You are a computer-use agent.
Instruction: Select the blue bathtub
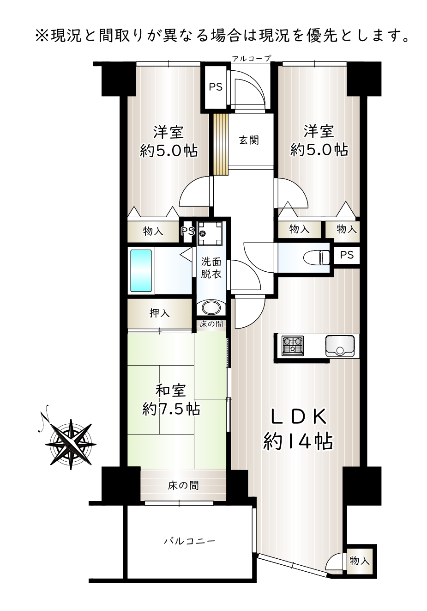[141, 270]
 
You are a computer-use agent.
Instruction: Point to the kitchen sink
[340, 346]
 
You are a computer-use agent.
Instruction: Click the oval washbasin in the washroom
[211, 307]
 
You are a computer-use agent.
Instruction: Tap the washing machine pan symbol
[210, 233]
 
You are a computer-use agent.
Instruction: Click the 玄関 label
[249, 140]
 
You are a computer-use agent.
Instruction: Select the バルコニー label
[190, 541]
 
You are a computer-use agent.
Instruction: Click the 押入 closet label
[159, 313]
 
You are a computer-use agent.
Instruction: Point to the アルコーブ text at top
[252, 58]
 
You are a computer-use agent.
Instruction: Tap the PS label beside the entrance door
[216, 87]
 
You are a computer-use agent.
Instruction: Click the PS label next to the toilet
[347, 255]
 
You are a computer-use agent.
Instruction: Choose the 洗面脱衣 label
[211, 268]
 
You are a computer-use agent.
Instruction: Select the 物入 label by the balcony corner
[360, 561]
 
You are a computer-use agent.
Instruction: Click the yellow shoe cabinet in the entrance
[221, 144]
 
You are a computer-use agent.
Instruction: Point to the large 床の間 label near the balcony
[183, 485]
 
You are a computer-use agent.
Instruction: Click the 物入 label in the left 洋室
[153, 232]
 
